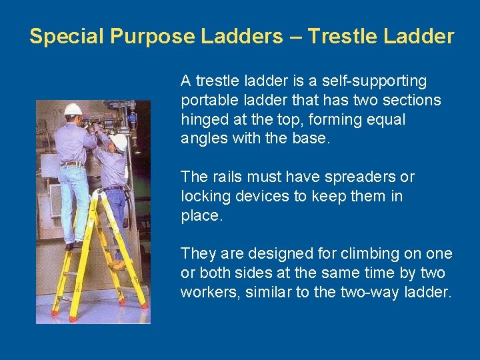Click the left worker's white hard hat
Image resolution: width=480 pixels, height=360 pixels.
pos(73,109)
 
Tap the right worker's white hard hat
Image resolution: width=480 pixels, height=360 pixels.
pos(119,141)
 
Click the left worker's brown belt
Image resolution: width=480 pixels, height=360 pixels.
pos(72,164)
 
